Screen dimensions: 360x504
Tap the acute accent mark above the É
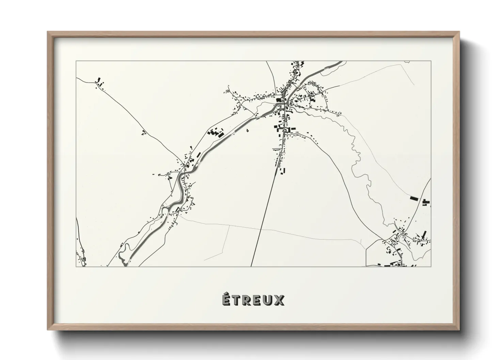(226, 294)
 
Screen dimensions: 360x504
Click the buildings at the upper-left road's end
(100, 82)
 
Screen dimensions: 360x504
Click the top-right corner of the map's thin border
(431, 61)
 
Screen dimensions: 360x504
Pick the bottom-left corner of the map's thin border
(76, 266)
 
